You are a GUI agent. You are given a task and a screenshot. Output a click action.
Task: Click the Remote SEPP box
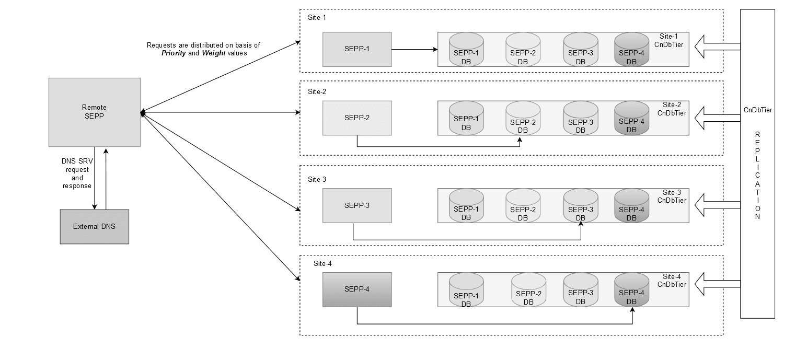click(94, 112)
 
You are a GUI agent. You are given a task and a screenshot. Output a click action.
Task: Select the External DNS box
click(94, 226)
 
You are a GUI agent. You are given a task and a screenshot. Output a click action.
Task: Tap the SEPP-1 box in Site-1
click(357, 49)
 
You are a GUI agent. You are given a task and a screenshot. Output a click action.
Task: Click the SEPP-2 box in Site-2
click(357, 118)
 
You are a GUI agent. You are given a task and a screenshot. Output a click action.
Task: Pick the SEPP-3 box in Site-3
click(357, 205)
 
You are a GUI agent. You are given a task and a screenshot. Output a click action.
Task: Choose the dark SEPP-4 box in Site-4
click(357, 289)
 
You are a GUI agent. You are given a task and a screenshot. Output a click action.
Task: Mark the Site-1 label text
click(317, 18)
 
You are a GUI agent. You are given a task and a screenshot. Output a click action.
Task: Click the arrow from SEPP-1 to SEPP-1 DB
click(414, 50)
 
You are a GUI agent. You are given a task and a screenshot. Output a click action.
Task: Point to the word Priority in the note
click(173, 53)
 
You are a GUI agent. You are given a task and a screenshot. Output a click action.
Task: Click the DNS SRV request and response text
click(77, 174)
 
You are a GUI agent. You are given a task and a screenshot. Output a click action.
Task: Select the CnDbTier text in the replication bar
click(757, 110)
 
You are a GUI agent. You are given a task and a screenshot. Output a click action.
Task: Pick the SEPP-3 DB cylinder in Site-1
click(580, 50)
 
